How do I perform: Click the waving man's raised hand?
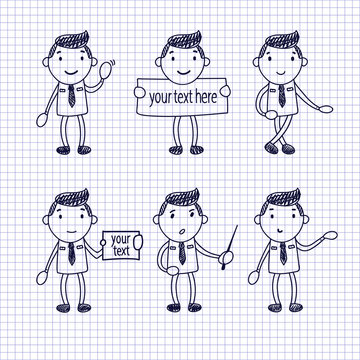coord(105,70)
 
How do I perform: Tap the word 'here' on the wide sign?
coord(206,97)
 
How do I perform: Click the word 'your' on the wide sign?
coord(160,98)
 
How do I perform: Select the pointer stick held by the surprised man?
coord(230,247)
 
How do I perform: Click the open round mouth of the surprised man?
coord(182,231)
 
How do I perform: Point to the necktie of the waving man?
coord(71,96)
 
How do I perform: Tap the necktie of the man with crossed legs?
coord(282,96)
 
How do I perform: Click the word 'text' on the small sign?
coord(121,251)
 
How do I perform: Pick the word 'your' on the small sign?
coord(120,240)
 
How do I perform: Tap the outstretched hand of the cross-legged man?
coord(325,109)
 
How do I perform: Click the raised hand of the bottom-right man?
coord(330,235)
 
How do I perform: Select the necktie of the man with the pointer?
coord(182,253)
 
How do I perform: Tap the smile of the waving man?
coord(71,72)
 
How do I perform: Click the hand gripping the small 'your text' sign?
coord(138,242)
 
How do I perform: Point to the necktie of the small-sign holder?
coord(71,253)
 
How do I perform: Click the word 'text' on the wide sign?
coord(183,97)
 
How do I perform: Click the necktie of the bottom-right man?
coord(283,253)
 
